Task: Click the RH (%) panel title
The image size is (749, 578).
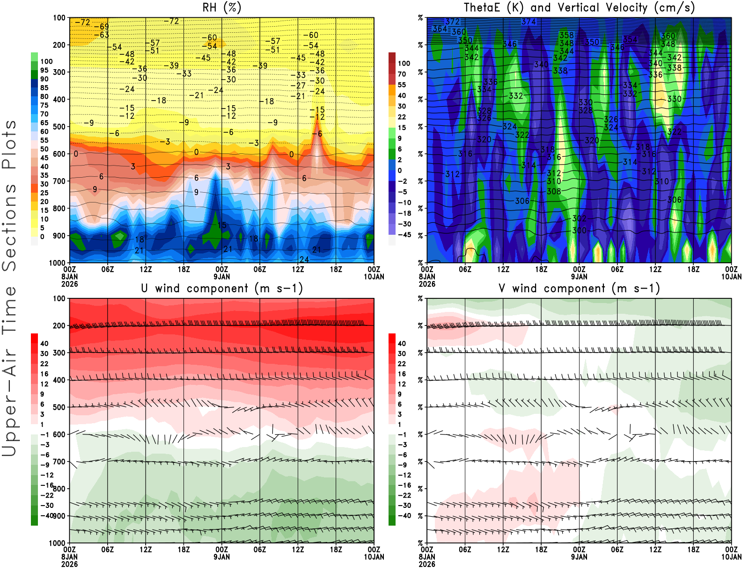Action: click(222, 7)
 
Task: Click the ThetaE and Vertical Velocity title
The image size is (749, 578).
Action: click(579, 7)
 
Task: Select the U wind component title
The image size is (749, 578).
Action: click(222, 289)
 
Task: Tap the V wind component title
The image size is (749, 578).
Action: click(579, 289)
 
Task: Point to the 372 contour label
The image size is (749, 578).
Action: click(452, 22)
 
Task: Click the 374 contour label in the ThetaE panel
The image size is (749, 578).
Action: click(529, 22)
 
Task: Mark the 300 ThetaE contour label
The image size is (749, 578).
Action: click(579, 231)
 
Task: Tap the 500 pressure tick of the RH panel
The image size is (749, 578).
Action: click(59, 127)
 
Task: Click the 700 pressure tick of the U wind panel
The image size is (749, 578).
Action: click(59, 462)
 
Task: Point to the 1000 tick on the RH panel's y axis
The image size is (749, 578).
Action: click(57, 263)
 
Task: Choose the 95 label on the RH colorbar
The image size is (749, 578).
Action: click(44, 70)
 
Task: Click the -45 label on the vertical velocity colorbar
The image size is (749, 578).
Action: click(404, 235)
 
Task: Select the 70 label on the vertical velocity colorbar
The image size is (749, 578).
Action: click(402, 74)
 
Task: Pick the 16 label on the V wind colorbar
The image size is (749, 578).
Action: click(402, 374)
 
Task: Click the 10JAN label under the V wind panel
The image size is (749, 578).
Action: click(731, 557)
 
